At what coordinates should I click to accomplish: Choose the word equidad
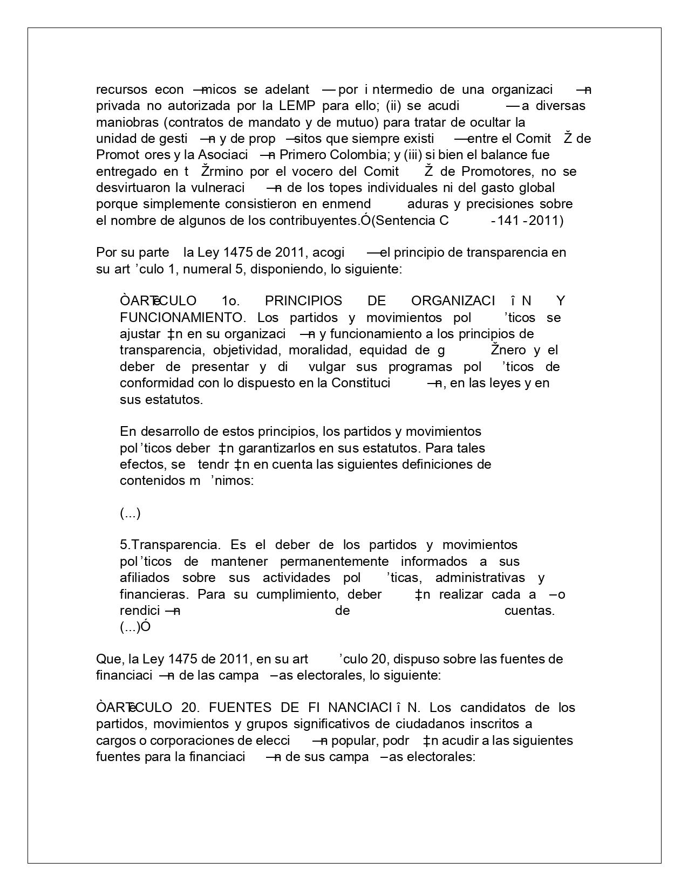(x=384, y=350)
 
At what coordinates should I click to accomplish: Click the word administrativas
(x=480, y=578)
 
